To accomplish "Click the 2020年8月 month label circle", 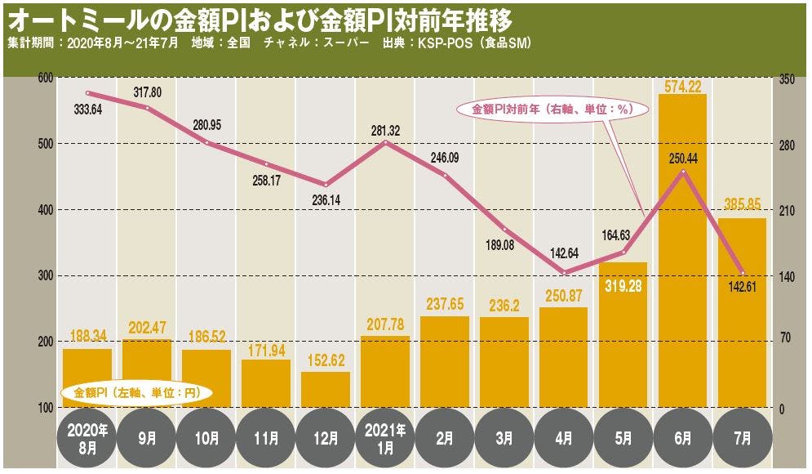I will tap(87, 438).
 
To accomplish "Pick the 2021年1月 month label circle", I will tap(384, 438).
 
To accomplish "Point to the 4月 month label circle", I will tap(563, 438).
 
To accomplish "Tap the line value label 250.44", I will tap(683, 158).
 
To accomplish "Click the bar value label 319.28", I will tap(623, 285).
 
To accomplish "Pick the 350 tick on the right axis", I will tap(787, 78).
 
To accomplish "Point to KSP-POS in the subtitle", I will tap(446, 42).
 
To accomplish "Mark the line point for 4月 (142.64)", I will tap(563, 273).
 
